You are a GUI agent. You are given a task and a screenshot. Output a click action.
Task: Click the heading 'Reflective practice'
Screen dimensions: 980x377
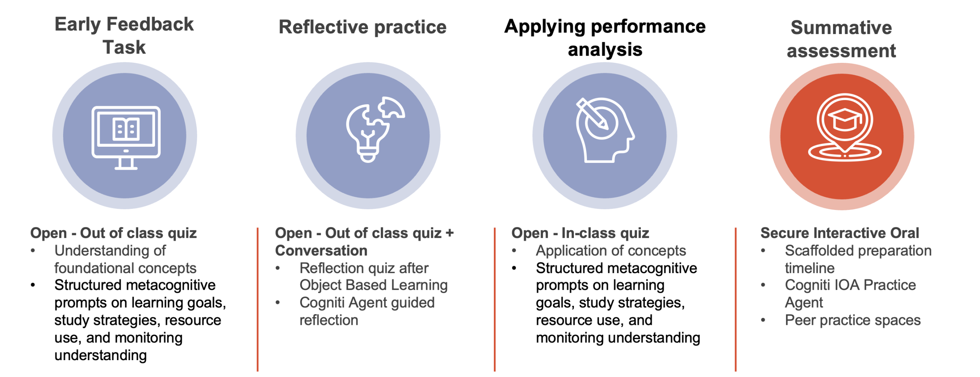tap(362, 27)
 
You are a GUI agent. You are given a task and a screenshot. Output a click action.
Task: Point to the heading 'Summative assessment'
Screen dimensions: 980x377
tap(841, 39)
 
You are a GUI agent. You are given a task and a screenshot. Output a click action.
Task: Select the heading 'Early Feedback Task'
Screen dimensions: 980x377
tap(124, 36)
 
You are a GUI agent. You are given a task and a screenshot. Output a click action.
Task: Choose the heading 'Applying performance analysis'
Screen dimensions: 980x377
tap(605, 38)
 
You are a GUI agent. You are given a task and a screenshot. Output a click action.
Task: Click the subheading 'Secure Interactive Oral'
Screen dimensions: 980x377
tap(839, 233)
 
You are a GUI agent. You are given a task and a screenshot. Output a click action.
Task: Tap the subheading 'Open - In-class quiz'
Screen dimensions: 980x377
tap(580, 233)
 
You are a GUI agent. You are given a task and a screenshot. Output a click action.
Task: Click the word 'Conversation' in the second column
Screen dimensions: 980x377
tap(321, 251)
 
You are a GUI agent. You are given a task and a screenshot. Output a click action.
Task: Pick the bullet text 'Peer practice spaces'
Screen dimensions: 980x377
tap(853, 320)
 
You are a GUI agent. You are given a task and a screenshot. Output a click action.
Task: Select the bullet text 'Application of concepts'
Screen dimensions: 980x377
tap(611, 251)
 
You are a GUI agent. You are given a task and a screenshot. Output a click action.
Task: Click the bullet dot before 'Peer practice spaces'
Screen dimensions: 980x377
tap(763, 320)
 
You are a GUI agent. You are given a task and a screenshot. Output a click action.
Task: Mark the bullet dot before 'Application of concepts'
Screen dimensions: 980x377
tap(514, 251)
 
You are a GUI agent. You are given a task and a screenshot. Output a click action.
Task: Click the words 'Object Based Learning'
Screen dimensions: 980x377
tap(373, 285)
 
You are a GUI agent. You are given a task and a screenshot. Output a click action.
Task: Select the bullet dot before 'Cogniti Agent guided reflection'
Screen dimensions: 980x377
tap(278, 303)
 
